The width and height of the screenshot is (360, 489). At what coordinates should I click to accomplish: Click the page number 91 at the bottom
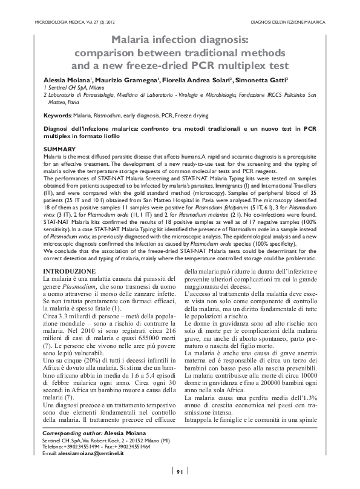(x=180, y=472)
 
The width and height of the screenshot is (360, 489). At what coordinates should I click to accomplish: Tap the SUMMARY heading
(x=60, y=148)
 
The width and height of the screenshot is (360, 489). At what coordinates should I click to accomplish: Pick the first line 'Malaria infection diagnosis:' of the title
(x=180, y=39)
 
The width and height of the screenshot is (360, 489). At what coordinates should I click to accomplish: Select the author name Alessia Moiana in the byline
(x=68, y=80)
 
